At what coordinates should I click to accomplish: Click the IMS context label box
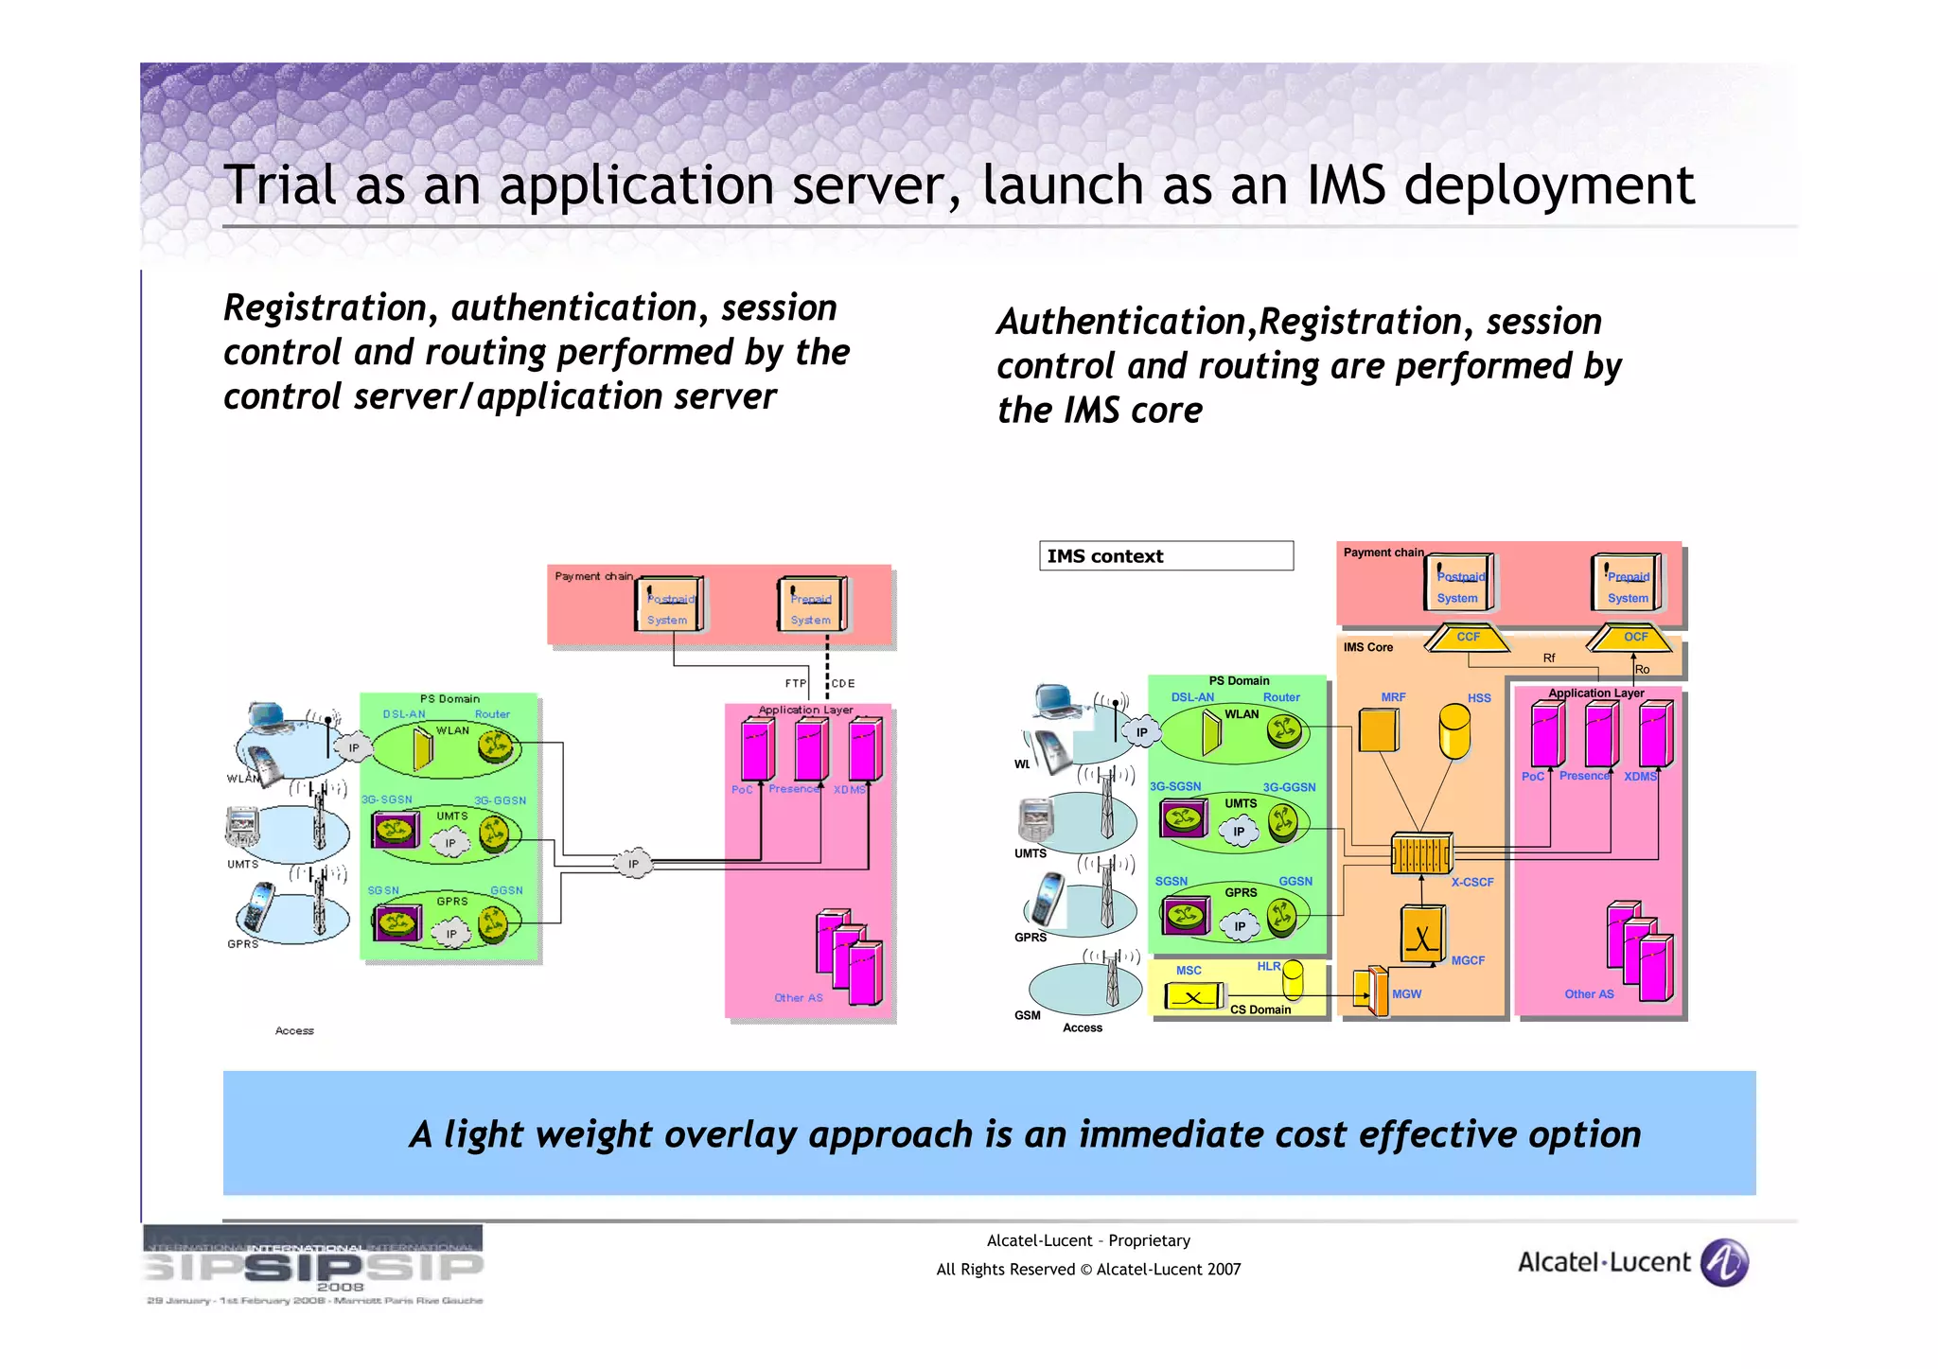point(1165,555)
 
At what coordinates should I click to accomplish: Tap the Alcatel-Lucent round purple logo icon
point(1724,1262)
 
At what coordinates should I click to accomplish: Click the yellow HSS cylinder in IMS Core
point(1453,730)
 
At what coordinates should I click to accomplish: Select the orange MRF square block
point(1378,730)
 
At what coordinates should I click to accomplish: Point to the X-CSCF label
point(1472,882)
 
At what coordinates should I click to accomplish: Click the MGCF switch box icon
point(1421,934)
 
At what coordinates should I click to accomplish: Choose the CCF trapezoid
point(1468,638)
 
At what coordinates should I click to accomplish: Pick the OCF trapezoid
point(1635,638)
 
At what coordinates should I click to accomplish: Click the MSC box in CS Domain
point(1194,996)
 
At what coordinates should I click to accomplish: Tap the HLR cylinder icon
point(1293,979)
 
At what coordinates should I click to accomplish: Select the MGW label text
point(1406,994)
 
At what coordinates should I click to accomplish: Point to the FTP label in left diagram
point(796,683)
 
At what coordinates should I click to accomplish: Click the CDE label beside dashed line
point(843,683)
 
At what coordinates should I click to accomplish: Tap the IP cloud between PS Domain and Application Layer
point(633,863)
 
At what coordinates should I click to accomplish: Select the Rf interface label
point(1549,658)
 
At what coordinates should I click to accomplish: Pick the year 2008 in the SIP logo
point(340,1287)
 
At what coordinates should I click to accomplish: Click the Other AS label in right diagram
point(1589,994)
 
